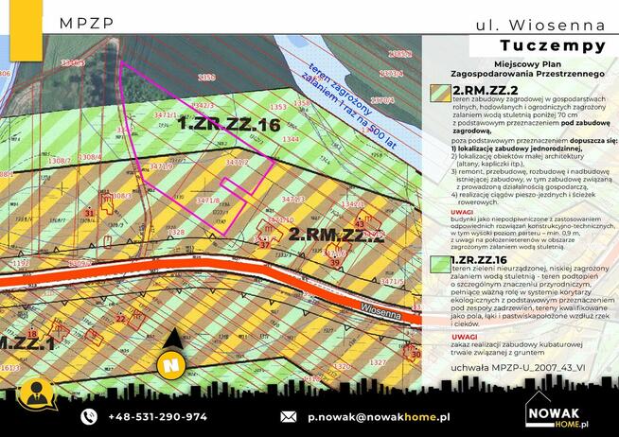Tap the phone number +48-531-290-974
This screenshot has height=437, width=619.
pyautogui.click(x=157, y=416)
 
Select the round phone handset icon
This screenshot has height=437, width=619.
pyautogui.click(x=89, y=416)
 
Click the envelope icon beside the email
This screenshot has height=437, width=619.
pyautogui.click(x=289, y=416)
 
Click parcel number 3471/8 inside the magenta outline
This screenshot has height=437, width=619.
pyautogui.click(x=206, y=200)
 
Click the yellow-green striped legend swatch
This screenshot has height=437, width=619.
pyautogui.click(x=439, y=91)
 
